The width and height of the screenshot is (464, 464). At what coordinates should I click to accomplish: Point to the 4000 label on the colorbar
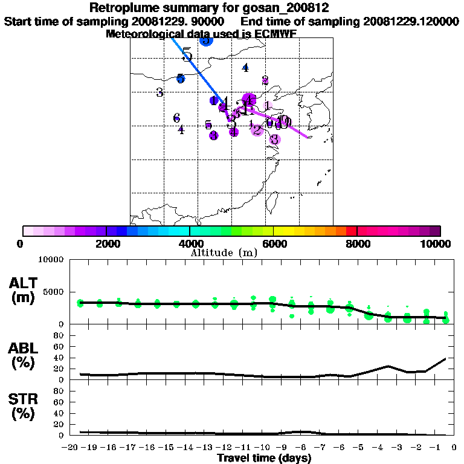click(189, 243)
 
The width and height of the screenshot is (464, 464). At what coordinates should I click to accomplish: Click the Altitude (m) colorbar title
click(224, 253)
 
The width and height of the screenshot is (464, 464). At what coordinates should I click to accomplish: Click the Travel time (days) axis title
click(264, 458)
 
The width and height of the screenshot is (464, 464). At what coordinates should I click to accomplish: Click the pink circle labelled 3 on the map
click(274, 140)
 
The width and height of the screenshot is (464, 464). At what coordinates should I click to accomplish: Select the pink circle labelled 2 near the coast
click(257, 129)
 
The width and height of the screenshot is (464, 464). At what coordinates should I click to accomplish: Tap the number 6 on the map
click(176, 117)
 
